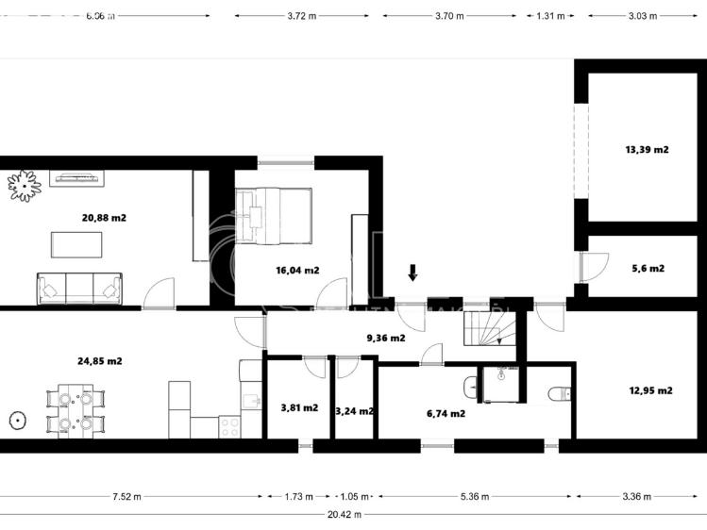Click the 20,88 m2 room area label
(x=104, y=218)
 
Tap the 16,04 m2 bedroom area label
(x=297, y=270)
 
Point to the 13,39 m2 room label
(x=647, y=149)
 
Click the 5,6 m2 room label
(x=648, y=268)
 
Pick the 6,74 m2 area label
(x=446, y=413)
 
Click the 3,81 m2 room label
(x=299, y=408)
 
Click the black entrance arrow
(x=412, y=273)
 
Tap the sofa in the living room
(x=79, y=289)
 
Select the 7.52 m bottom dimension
(x=126, y=496)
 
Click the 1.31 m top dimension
(x=550, y=16)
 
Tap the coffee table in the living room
(x=77, y=245)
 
